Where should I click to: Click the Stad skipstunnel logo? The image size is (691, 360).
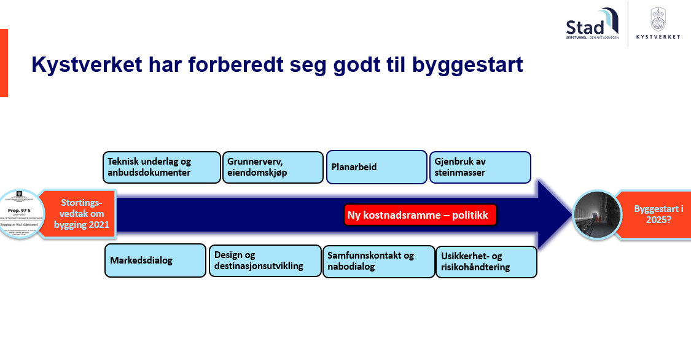591,25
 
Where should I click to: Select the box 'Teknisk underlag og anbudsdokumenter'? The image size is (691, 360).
162,167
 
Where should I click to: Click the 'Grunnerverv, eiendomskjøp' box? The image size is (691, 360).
272,167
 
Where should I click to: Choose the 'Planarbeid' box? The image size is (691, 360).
376,167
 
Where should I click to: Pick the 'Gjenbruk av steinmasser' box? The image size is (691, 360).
480,167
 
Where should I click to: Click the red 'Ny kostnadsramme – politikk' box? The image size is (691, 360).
420,216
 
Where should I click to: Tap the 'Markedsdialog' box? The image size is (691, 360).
155,260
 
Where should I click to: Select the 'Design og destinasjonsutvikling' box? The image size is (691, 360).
265,260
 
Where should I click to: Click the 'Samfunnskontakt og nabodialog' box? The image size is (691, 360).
378,261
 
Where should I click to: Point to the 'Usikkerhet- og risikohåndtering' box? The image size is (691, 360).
486,262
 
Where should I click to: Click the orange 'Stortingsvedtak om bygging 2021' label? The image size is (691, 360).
82,214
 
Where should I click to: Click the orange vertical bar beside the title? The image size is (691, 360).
4,63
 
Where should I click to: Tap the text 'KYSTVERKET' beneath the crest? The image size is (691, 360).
658,37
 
